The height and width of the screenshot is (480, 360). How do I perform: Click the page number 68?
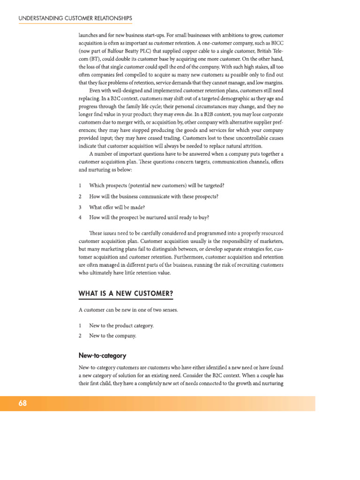pyautogui.click(x=22, y=403)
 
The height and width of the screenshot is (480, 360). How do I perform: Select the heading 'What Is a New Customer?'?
pyautogui.click(x=125, y=293)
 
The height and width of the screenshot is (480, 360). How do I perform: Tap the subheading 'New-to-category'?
pyautogui.click(x=102, y=355)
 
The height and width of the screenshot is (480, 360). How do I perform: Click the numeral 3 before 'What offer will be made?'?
pyautogui.click(x=80, y=207)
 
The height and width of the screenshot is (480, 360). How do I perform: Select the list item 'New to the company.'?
pyautogui.click(x=112, y=336)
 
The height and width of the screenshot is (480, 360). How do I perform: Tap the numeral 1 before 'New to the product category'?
pyautogui.click(x=80, y=325)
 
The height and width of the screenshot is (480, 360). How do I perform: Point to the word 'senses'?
pyautogui.click(x=168, y=310)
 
